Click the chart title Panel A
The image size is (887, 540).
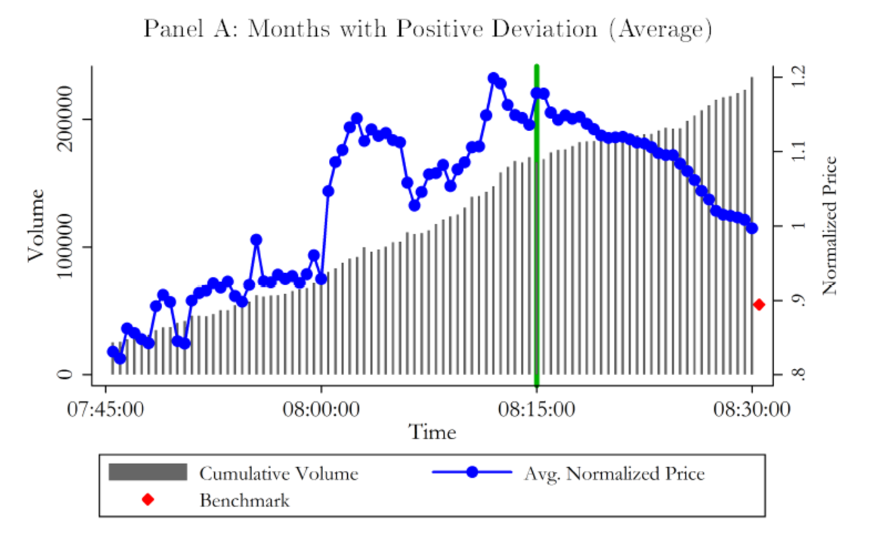(428, 29)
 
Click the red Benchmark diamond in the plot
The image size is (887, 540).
(758, 305)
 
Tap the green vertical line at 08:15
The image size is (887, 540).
(537, 254)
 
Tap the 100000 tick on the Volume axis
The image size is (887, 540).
(66, 247)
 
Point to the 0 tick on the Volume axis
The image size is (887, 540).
(66, 375)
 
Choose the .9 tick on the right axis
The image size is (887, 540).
(800, 300)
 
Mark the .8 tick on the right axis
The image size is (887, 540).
(800, 375)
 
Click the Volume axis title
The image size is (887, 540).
(35, 226)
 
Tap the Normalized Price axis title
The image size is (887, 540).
(829, 226)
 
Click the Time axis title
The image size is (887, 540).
(432, 432)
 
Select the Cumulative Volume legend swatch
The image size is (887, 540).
(148, 472)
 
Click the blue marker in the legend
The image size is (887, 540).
(471, 472)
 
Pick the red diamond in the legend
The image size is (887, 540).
(148, 499)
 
